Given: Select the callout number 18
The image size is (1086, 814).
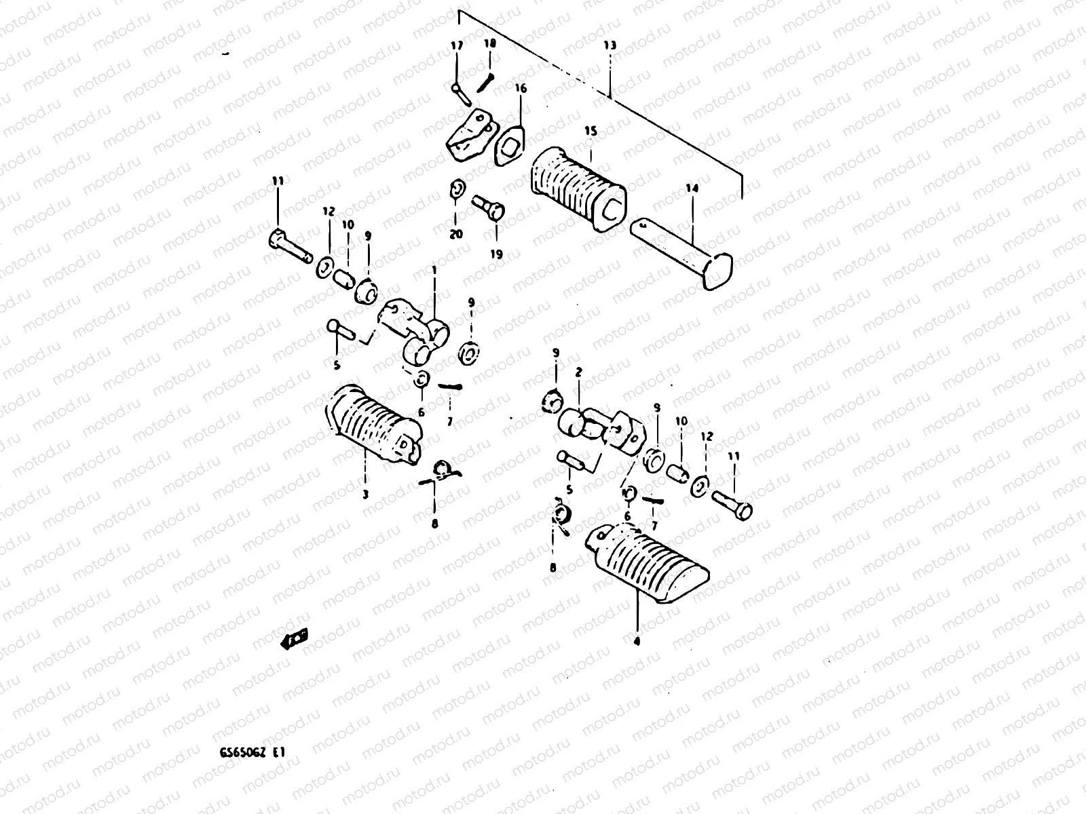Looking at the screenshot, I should click(x=490, y=43).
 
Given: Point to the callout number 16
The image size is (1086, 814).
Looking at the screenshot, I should click(x=520, y=88).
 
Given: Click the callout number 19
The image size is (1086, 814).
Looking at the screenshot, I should click(x=497, y=254).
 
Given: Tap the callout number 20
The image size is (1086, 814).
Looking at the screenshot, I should click(x=455, y=233).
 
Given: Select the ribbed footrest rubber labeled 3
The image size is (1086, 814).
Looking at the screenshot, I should click(x=373, y=424).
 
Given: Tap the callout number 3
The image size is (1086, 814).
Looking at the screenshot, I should click(x=364, y=495).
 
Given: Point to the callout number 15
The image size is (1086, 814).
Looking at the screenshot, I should click(x=591, y=131).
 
